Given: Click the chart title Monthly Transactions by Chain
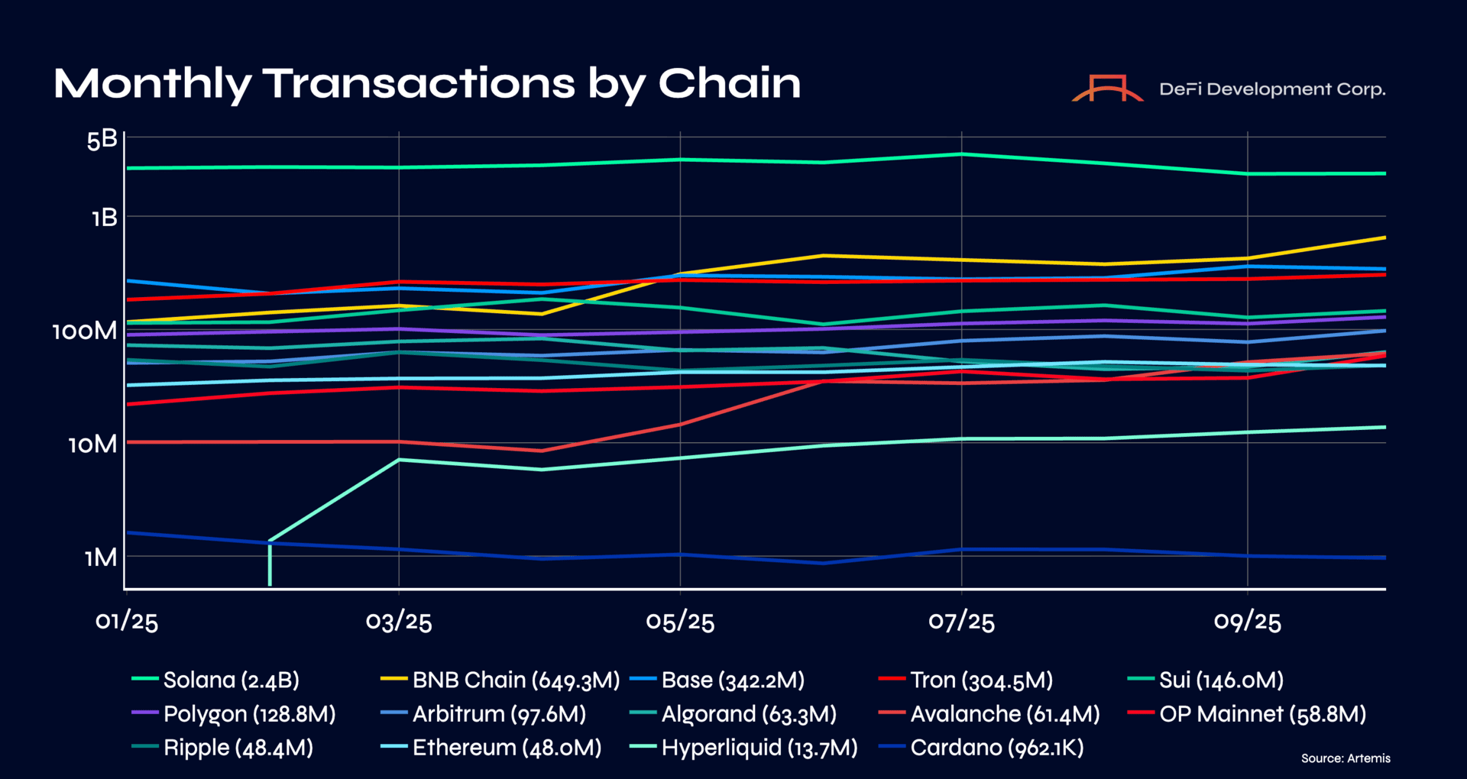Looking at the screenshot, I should (427, 83).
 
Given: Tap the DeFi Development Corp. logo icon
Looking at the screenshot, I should (1107, 89).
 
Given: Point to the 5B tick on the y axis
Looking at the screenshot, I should (102, 140).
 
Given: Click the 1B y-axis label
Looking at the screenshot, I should (105, 218).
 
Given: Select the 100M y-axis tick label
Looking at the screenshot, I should (85, 331).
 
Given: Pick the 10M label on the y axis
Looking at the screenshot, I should (92, 444).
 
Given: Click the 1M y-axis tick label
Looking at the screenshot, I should (101, 558).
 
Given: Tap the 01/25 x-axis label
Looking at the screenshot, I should (127, 622).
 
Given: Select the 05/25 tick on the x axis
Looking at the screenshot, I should (680, 622).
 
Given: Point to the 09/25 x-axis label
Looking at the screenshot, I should (1247, 622).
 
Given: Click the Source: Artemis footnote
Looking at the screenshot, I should (1346, 758).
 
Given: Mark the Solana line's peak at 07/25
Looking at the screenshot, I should (961, 154).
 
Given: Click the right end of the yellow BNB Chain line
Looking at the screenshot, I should (1384, 238).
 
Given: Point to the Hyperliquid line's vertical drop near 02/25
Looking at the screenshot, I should (270, 564).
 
